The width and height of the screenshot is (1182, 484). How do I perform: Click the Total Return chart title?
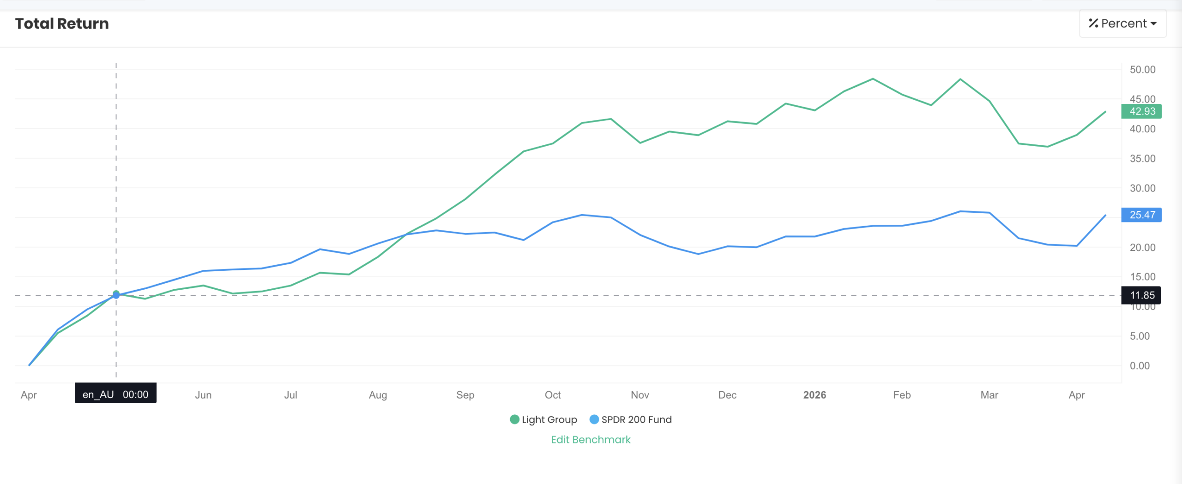(62, 24)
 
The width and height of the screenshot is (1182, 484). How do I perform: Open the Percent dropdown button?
(1122, 24)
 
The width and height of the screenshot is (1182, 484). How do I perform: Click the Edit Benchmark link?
(591, 439)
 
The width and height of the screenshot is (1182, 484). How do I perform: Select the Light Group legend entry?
(543, 419)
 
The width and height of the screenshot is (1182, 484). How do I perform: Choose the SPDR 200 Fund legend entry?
(631, 419)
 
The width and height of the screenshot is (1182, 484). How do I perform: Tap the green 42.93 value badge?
(1141, 111)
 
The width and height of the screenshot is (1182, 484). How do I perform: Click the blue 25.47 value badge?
(1141, 215)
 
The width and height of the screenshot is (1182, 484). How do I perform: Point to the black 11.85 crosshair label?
(1141, 295)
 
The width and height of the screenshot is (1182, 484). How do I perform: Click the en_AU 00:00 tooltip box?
(115, 394)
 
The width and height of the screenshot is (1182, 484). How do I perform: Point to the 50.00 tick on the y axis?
(1142, 70)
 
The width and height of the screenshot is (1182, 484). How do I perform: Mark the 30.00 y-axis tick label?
(1142, 188)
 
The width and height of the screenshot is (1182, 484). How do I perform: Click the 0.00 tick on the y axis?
(1140, 366)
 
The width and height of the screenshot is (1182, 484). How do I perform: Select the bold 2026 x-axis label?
(814, 395)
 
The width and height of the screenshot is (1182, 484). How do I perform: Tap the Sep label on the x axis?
(465, 395)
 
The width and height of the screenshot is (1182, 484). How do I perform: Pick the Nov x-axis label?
(640, 395)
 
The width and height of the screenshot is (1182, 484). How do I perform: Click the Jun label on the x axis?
(203, 395)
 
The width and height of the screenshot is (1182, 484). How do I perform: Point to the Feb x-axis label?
(902, 395)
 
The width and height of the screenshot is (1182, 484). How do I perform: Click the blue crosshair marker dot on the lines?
(116, 295)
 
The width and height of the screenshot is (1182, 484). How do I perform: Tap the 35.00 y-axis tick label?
(1142, 159)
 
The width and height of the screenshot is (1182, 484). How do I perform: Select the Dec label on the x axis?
(727, 395)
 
